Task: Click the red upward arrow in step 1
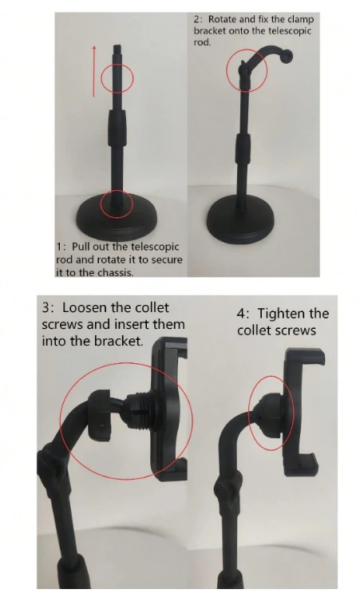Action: click(x=94, y=71)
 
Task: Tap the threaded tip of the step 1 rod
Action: click(x=117, y=50)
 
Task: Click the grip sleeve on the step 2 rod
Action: click(x=243, y=150)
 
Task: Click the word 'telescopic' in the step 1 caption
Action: click(x=154, y=247)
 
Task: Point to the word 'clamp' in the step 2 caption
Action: click(x=301, y=19)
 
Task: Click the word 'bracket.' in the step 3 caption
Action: click(x=118, y=341)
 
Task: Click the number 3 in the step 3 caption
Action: click(x=47, y=307)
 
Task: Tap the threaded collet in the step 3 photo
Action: click(x=140, y=412)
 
